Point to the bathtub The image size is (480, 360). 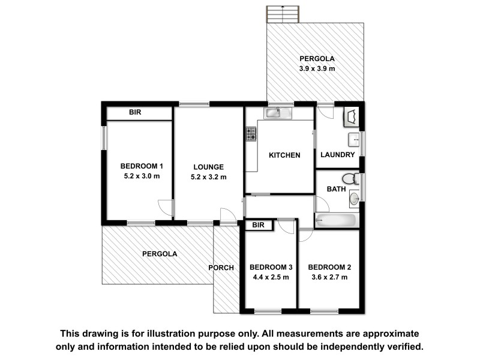pos(337,221)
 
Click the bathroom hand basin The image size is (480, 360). pos(355,198)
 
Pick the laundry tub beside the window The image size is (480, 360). pos(356,140)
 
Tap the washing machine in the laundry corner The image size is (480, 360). pos(351,116)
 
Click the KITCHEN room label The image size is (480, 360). pos(284,155)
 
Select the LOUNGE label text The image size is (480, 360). pos(208,167)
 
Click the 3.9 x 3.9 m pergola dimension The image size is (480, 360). pos(317,69)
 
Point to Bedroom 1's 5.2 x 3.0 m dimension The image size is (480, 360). pos(142,176)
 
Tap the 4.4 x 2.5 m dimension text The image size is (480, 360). pos(271,277)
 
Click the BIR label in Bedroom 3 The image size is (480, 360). pos(258,226)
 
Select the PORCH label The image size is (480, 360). pos(221,268)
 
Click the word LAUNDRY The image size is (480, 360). pos(338,155)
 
